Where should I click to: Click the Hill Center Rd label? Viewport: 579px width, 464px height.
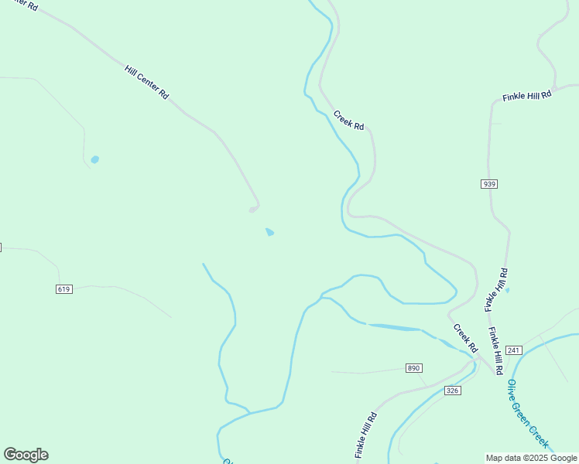pos(146,81)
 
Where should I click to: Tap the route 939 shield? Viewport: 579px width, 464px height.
pos(488,184)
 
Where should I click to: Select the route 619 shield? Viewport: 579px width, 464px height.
pos(64,289)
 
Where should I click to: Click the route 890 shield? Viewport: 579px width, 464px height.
pos(414,368)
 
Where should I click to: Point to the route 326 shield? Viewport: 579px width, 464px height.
pos(453,391)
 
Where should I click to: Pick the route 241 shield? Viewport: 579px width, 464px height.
pos(514,350)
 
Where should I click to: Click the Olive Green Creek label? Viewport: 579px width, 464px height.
pos(528,414)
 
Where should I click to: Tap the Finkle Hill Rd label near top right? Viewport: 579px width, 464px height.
pos(526,96)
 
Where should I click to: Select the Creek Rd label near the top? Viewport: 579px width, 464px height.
pos(348,120)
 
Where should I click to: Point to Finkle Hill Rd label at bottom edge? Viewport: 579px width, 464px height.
pos(366,435)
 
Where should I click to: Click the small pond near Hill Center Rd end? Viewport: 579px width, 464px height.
pos(269,232)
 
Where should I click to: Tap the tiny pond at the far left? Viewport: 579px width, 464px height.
pos(94,160)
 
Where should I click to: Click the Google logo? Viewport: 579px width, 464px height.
pos(26,455)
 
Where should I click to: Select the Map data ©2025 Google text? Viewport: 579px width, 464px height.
pos(531,458)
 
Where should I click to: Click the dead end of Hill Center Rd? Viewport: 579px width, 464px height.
pos(252,210)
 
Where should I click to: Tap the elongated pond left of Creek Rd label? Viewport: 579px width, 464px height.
pos(395,328)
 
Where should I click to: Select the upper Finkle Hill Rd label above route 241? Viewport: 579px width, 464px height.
pos(496,290)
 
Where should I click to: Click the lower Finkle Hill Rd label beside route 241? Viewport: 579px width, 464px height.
pos(496,346)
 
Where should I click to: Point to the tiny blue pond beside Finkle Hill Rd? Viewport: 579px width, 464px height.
pos(507,290)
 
